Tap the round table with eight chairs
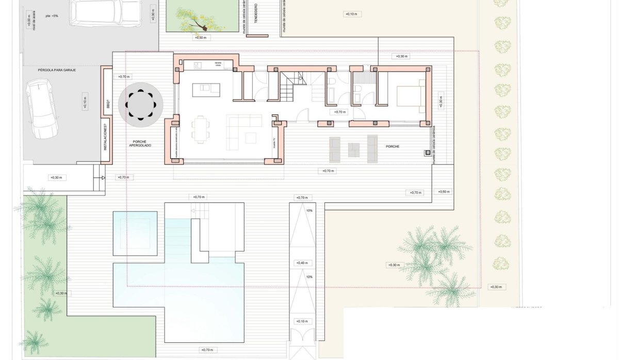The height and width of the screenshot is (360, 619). [x=141, y=106]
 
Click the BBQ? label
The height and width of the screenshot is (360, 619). [x=107, y=103]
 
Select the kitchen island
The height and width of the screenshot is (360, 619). [x=206, y=90]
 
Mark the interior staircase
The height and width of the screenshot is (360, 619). [x=291, y=86]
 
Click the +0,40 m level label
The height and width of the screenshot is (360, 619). [x=302, y=263]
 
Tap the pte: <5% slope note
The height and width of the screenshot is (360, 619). [x=52, y=16]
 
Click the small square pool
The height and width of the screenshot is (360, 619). [x=135, y=233]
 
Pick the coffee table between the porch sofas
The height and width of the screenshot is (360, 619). [x=353, y=149]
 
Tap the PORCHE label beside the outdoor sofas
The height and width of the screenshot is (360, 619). [x=393, y=146]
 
